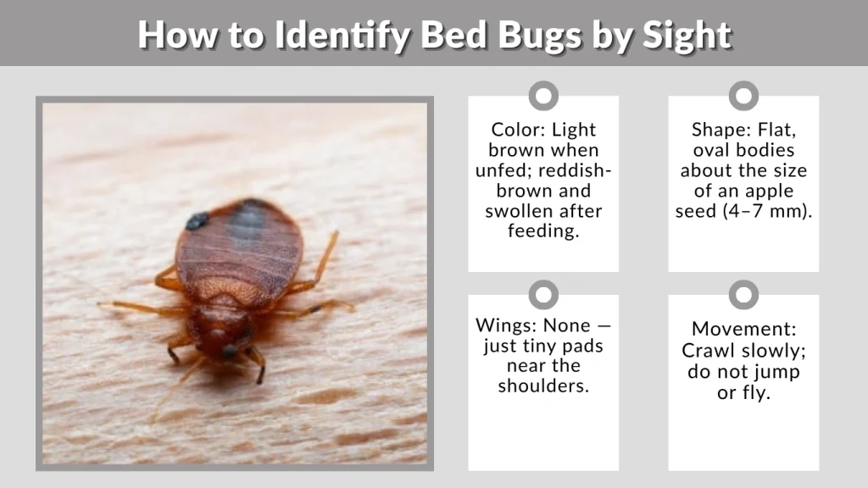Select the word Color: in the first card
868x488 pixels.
click(518, 130)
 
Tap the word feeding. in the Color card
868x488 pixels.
click(543, 230)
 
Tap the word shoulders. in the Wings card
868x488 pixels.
click(543, 385)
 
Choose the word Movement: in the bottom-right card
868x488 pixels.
click(743, 329)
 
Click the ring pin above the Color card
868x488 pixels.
click(543, 96)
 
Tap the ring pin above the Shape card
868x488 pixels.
click(743, 96)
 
